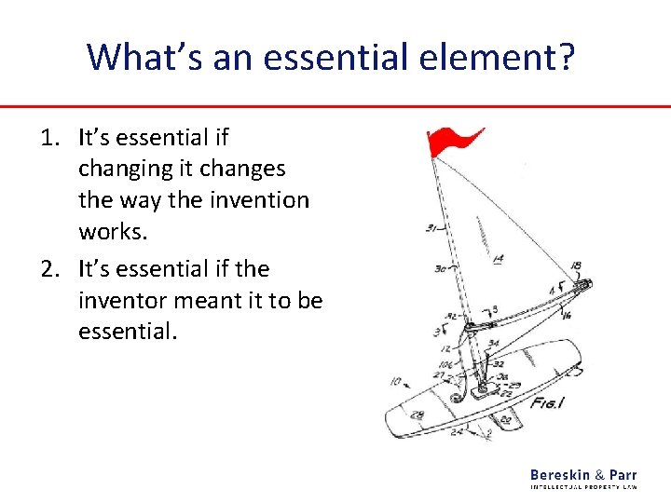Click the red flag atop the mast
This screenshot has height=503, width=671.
point(449,143)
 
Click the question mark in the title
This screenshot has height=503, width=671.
point(565,57)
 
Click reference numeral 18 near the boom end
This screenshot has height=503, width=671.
point(576,266)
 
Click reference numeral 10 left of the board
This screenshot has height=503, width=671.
point(396,381)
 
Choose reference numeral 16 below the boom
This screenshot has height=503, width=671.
point(567,316)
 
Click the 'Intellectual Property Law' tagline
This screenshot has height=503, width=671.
point(583,487)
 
